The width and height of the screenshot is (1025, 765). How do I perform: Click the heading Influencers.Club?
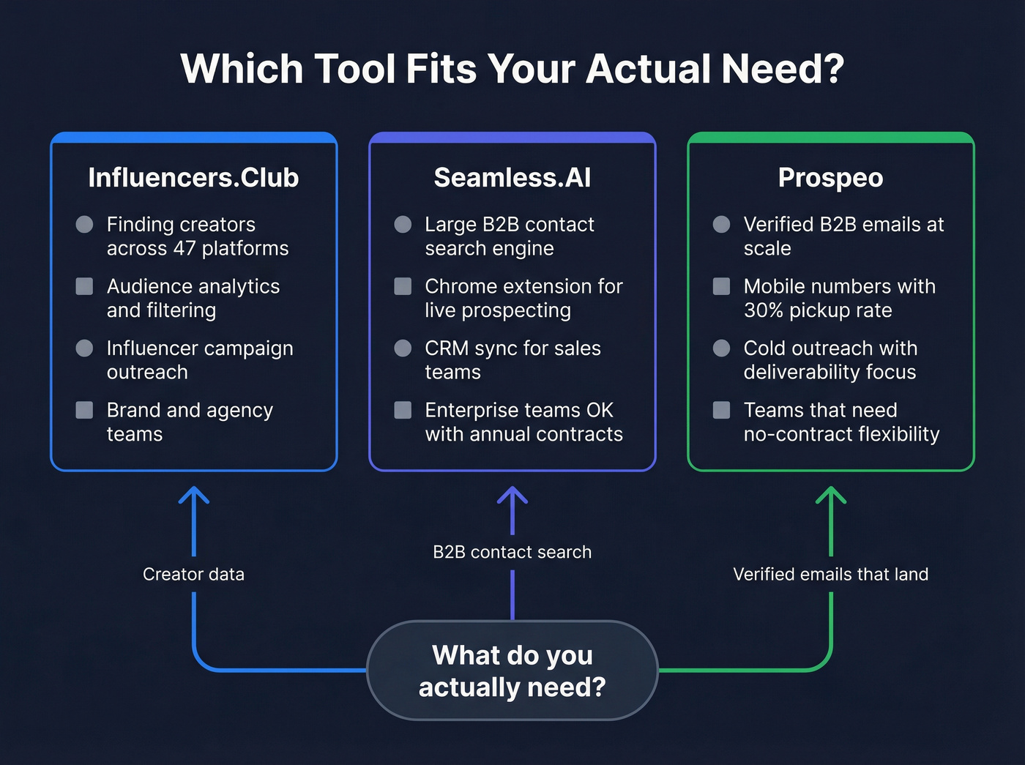pos(193,178)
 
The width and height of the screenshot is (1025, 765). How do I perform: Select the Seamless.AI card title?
pos(512,178)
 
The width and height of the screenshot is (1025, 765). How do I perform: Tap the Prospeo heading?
pos(830,178)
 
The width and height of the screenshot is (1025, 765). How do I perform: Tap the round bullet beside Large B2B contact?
pos(403,224)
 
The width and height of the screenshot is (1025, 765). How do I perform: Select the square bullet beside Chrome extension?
pos(403,286)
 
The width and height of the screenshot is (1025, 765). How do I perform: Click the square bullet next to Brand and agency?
pos(84,410)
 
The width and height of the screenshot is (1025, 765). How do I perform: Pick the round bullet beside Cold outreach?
pos(721,348)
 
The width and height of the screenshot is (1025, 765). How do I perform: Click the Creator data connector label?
pos(193,574)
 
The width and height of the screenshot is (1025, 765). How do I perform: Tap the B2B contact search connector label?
pos(512,552)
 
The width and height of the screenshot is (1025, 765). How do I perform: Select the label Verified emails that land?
pos(830,574)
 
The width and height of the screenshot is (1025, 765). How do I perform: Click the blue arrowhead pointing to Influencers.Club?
pos(194,495)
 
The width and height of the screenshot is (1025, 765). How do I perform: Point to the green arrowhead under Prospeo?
pos(831,495)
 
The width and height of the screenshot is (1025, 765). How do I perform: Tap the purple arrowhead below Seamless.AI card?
pos(512,495)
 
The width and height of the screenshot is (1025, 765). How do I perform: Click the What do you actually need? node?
pos(512,671)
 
